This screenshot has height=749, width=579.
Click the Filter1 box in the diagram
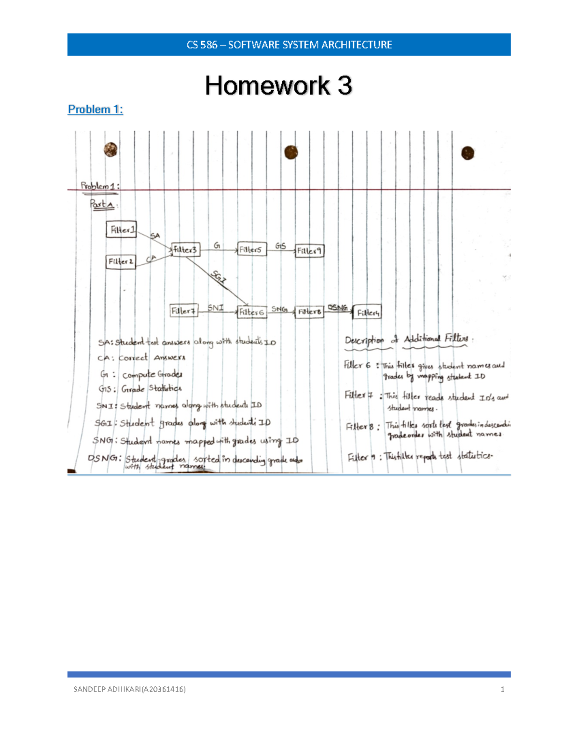122,230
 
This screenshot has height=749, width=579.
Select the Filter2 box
121,261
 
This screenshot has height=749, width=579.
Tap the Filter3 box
185,249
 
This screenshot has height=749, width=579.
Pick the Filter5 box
251,249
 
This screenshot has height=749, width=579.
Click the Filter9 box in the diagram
309,251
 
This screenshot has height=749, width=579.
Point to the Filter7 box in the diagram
184,311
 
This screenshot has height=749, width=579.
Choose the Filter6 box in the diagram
251,312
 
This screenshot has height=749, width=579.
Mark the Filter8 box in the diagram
309,312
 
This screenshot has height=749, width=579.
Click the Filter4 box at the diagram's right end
368,313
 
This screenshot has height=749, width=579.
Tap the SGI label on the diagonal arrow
219,277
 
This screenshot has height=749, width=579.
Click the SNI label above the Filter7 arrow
215,307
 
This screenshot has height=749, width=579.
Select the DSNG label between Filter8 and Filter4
338,307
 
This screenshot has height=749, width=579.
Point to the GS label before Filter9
280,246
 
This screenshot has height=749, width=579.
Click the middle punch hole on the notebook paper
291,152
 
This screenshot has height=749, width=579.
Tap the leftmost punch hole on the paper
110,150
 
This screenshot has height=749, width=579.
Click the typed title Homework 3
278,86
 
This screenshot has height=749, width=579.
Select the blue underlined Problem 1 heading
95,109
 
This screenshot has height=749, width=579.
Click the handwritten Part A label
101,204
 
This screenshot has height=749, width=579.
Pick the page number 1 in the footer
503,689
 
